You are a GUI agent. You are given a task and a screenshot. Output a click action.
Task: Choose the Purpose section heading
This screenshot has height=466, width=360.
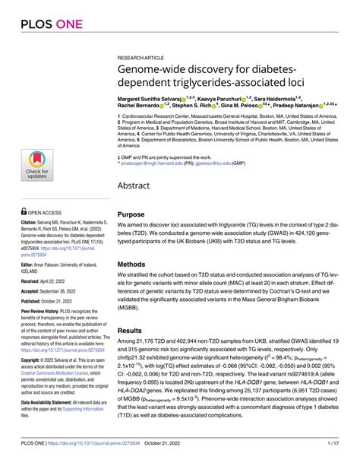(x=131, y=215)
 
